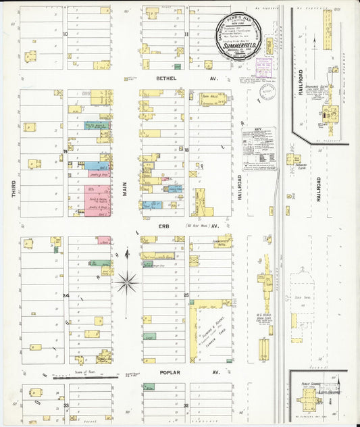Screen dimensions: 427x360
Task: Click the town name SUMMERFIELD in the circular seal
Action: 236,45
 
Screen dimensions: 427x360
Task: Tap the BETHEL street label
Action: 167,78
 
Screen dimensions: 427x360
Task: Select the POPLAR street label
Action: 167,372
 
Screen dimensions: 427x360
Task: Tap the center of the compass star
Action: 126,282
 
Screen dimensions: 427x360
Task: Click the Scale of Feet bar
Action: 78,376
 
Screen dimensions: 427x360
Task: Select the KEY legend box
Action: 260,148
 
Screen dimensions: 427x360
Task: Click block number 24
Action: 66,295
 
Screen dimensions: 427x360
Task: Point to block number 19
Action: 66,151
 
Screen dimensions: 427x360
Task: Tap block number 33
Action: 66,405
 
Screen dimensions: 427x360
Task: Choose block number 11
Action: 186,32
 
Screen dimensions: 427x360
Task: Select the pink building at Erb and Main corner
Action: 103,240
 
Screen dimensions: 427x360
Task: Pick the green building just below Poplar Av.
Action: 149,386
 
